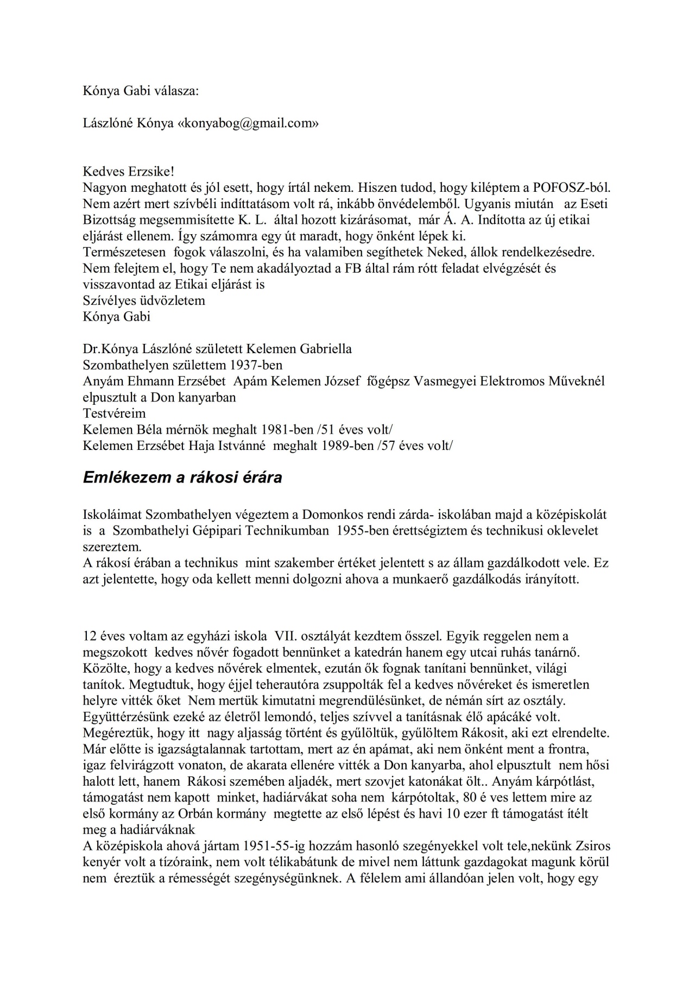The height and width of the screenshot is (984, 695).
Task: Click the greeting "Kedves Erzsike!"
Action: (129, 172)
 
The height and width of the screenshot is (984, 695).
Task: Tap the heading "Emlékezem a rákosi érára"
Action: (182, 478)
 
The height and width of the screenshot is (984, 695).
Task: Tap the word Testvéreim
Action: (114, 413)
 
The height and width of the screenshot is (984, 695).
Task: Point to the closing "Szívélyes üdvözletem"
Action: (144, 300)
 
